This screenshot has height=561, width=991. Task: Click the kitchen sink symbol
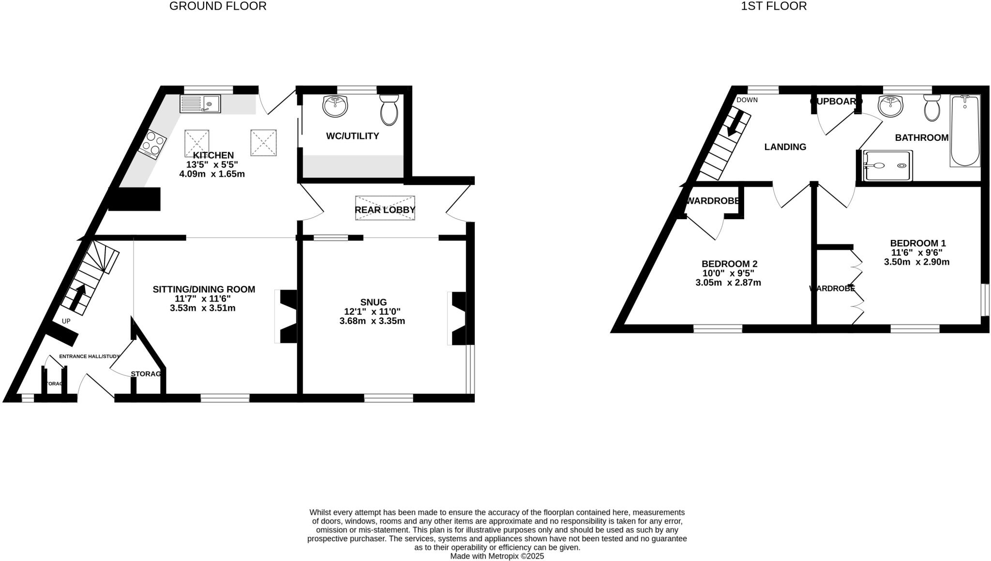[x=200, y=104]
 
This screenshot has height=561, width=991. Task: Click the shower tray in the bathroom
[x=888, y=166]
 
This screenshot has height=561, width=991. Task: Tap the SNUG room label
[x=373, y=302]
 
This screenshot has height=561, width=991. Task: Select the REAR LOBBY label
[x=385, y=210]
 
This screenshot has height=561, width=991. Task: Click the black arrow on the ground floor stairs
[x=77, y=297]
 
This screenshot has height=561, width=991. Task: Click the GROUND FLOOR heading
[x=218, y=6]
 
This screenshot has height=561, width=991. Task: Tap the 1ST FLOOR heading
[x=774, y=6]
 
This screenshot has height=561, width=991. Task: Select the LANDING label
[x=785, y=147]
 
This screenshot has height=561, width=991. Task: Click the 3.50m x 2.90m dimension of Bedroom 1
[x=916, y=262]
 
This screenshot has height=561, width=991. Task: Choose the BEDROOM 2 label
[x=729, y=264]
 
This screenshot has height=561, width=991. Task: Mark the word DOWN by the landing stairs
[x=747, y=100]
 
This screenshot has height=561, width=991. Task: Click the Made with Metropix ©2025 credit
[x=497, y=556]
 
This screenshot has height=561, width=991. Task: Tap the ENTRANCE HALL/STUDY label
[x=89, y=356]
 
